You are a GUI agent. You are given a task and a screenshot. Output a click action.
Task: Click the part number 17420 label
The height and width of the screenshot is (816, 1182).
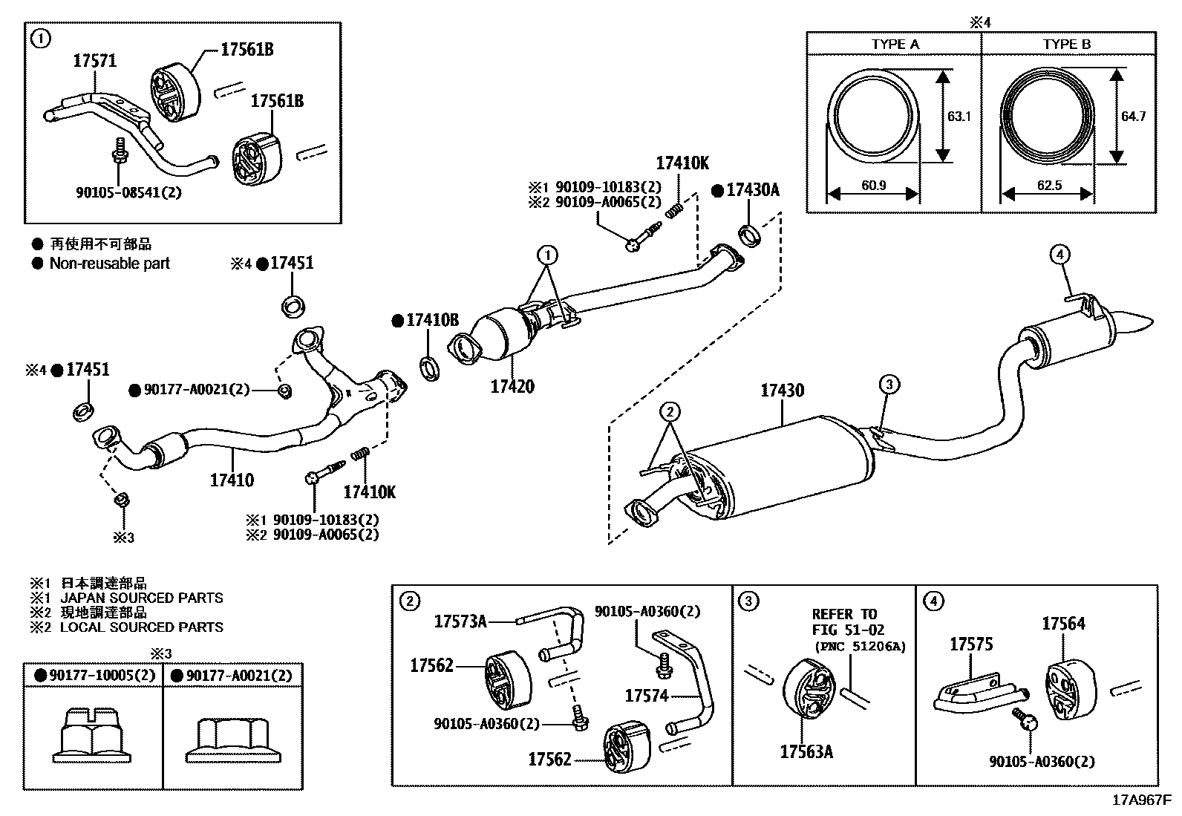point(512,387)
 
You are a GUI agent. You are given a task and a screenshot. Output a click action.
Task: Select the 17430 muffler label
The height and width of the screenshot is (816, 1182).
point(782,391)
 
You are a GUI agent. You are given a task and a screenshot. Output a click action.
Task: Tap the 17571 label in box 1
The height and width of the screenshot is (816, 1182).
point(94,61)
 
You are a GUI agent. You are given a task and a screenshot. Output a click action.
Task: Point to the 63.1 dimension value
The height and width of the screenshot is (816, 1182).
point(959,117)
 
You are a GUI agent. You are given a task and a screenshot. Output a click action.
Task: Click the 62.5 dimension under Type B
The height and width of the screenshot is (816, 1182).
point(1048,186)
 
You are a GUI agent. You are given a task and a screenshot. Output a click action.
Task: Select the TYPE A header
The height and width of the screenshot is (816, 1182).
point(895,45)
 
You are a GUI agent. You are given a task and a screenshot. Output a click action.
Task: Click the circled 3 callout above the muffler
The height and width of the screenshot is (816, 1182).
point(890,384)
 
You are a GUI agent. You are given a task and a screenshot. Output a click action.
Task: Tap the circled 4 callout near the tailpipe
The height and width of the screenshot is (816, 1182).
point(1059,255)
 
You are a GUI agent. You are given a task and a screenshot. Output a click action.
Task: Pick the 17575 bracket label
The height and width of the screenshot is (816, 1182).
point(971,644)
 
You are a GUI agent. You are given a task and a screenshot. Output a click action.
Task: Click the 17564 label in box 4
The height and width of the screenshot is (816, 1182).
point(1062,624)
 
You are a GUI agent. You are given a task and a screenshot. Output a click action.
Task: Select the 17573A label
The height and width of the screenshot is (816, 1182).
point(460,621)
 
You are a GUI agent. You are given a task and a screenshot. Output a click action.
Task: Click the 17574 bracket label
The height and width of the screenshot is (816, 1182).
point(647,696)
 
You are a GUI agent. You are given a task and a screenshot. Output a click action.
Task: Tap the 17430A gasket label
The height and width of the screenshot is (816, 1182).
point(752,191)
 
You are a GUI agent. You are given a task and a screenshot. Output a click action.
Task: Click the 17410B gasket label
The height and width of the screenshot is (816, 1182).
point(431,321)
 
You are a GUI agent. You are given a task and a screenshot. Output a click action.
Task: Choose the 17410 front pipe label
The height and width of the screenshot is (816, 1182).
point(232,480)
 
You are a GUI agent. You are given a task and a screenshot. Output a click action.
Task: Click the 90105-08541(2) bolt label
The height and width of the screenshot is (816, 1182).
point(128,192)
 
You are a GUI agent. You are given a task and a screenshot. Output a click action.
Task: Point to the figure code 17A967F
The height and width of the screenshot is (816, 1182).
point(1140,801)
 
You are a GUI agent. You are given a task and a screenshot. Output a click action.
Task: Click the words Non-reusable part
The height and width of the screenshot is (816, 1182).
point(109,264)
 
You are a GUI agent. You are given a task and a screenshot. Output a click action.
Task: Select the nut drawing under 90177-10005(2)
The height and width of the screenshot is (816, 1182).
point(94,736)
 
